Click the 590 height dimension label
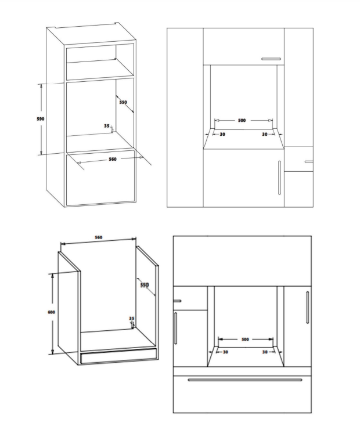click(x=41, y=119)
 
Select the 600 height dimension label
click(x=51, y=312)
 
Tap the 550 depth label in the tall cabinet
click(x=123, y=102)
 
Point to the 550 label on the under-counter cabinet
click(x=145, y=285)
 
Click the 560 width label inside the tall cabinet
click(x=113, y=159)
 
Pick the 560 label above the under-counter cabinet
click(x=99, y=237)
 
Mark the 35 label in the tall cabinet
click(x=106, y=126)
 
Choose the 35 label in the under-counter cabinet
click(x=132, y=318)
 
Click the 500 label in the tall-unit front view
click(x=242, y=120)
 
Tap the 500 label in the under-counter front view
click(x=245, y=340)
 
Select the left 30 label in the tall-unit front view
click(x=222, y=134)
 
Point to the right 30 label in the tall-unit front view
click(x=265, y=134)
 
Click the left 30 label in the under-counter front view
click(x=225, y=352)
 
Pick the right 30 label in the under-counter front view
click(x=265, y=352)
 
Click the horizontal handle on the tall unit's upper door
click(x=271, y=59)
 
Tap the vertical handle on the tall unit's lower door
click(x=279, y=177)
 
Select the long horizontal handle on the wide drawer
click(x=245, y=380)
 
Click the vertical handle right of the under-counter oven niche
click(x=307, y=307)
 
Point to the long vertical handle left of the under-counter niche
click(x=175, y=328)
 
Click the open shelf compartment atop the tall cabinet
click(x=100, y=62)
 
